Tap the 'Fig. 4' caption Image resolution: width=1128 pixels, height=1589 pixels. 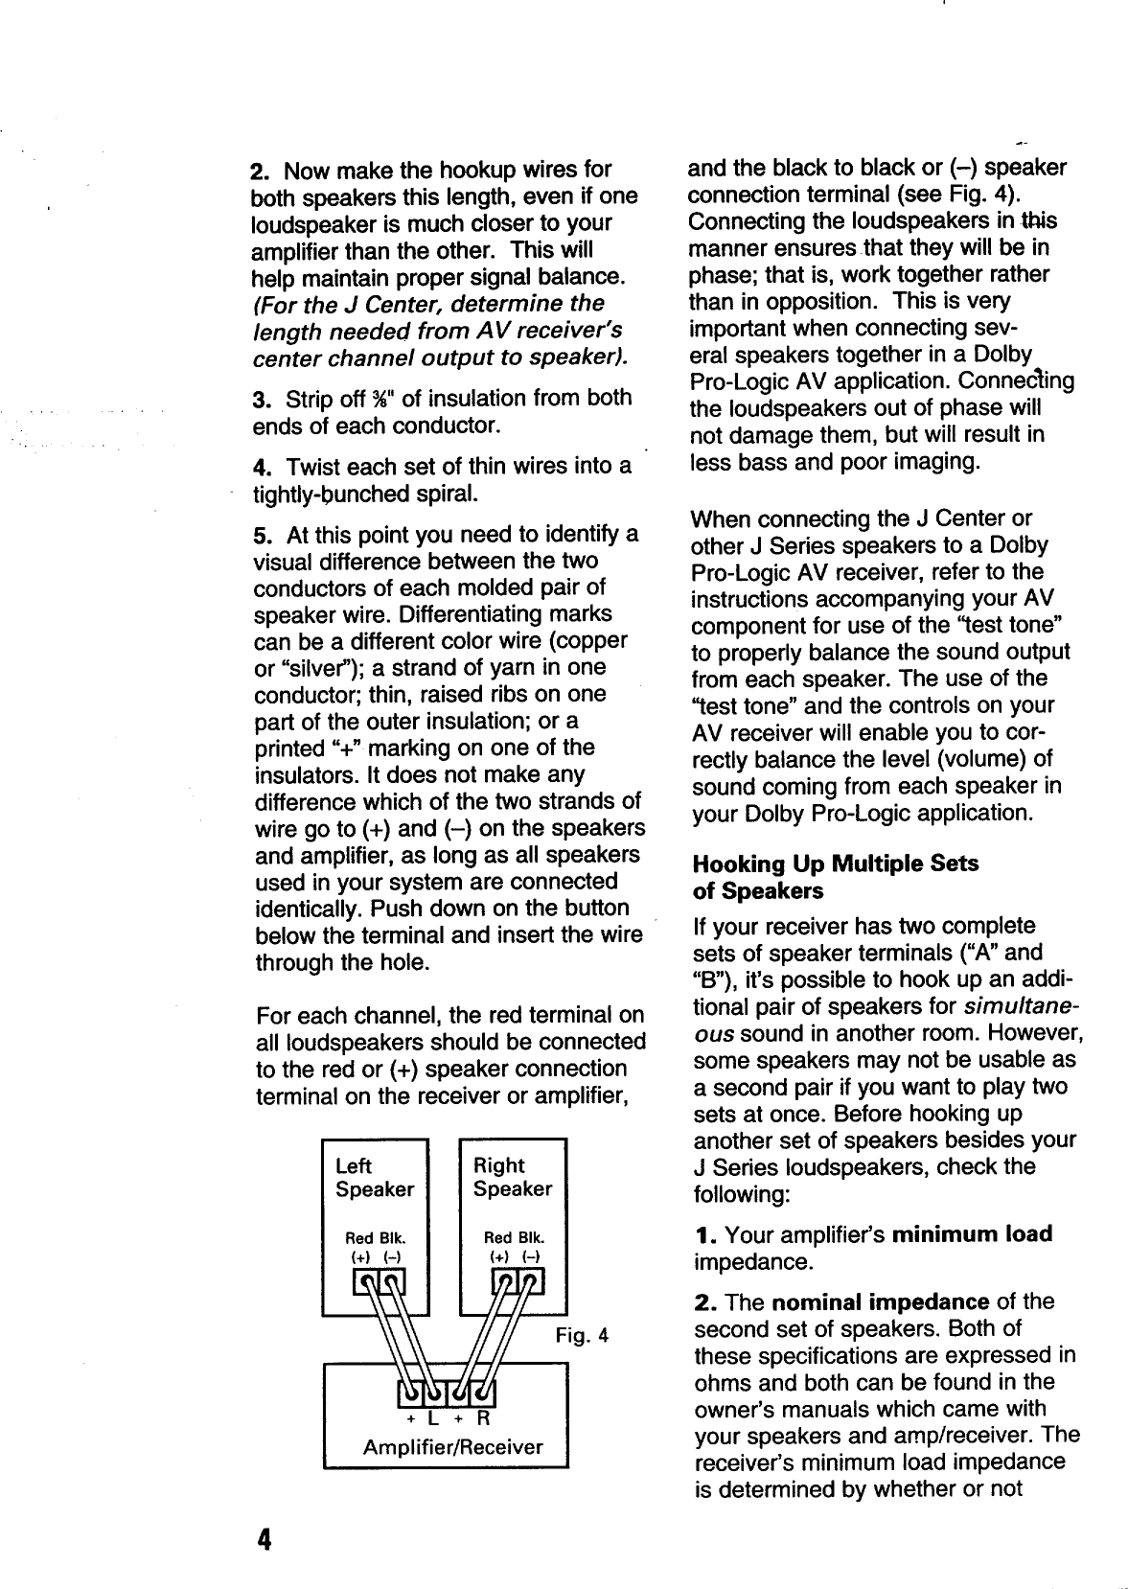[583, 1335]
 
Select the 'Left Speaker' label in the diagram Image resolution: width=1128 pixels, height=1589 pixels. [374, 1177]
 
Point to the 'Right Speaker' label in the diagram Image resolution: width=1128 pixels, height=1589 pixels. [513, 1177]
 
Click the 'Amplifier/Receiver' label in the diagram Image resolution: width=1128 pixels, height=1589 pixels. [452, 1447]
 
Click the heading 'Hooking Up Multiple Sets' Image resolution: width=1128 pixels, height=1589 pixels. [835, 864]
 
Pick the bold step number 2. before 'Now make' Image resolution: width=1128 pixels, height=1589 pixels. [260, 172]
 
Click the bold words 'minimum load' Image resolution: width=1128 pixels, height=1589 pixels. [972, 1233]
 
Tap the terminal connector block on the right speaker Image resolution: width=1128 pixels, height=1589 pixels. [518, 1279]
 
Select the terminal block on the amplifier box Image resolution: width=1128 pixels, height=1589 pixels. [446, 1389]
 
